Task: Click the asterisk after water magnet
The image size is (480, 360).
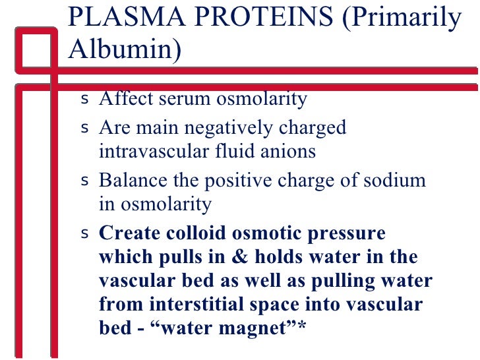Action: pyautogui.click(x=302, y=326)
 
